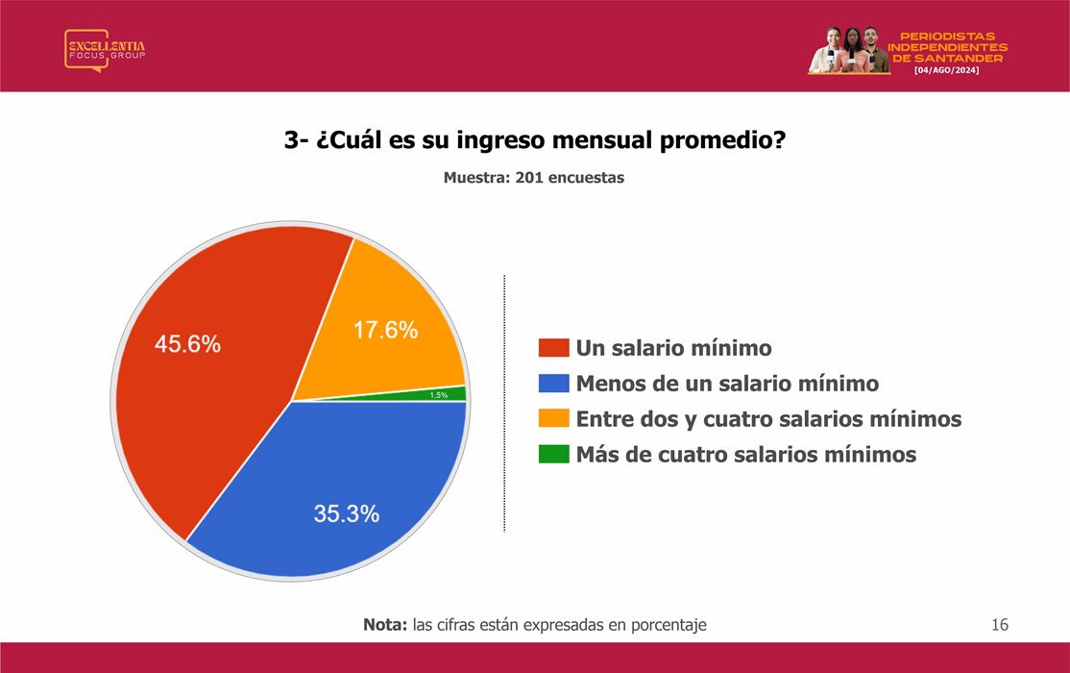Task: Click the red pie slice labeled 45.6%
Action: (205, 369)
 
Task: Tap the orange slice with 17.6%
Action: (382, 328)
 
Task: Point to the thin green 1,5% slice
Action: (437, 395)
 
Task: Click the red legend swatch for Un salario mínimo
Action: (553, 348)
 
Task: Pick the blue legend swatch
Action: (553, 384)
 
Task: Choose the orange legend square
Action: (553, 419)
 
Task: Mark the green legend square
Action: (553, 455)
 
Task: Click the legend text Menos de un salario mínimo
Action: (727, 384)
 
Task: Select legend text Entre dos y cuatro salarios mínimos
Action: (769, 419)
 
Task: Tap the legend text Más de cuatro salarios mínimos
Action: (746, 455)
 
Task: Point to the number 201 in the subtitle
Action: (529, 178)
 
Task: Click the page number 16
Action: (1000, 625)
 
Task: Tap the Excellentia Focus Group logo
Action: (105, 50)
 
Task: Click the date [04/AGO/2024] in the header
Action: (946, 70)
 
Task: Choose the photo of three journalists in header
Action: (849, 50)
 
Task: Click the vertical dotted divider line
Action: (504, 403)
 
